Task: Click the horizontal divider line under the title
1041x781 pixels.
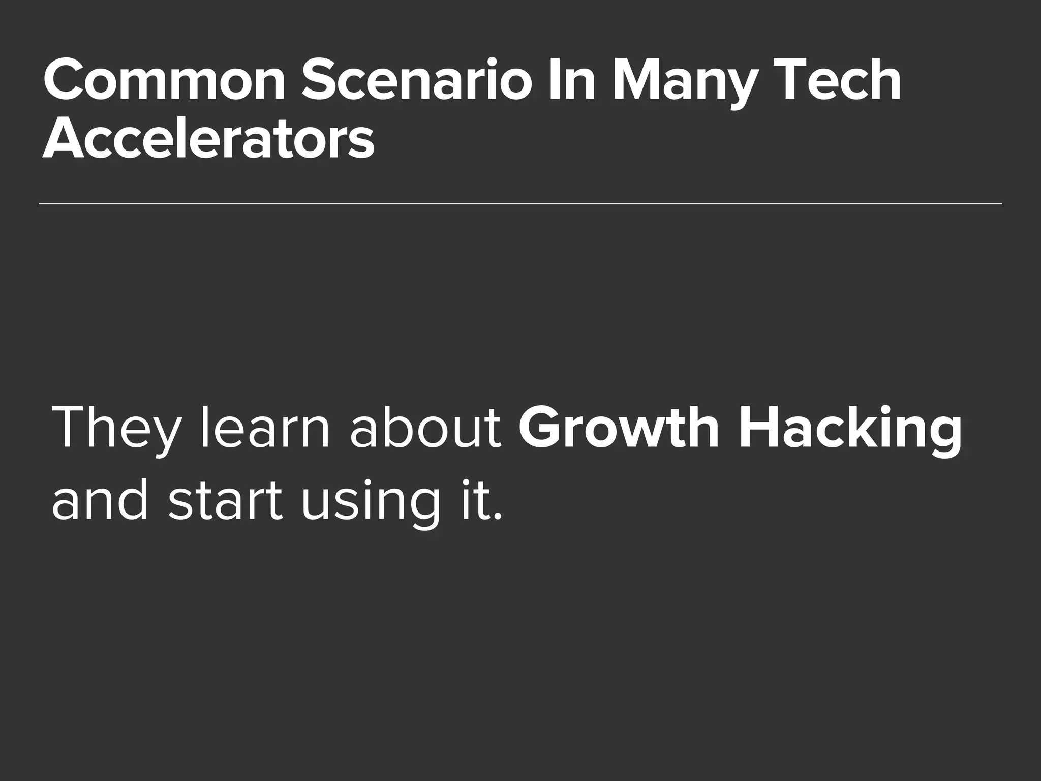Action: coord(520,204)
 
